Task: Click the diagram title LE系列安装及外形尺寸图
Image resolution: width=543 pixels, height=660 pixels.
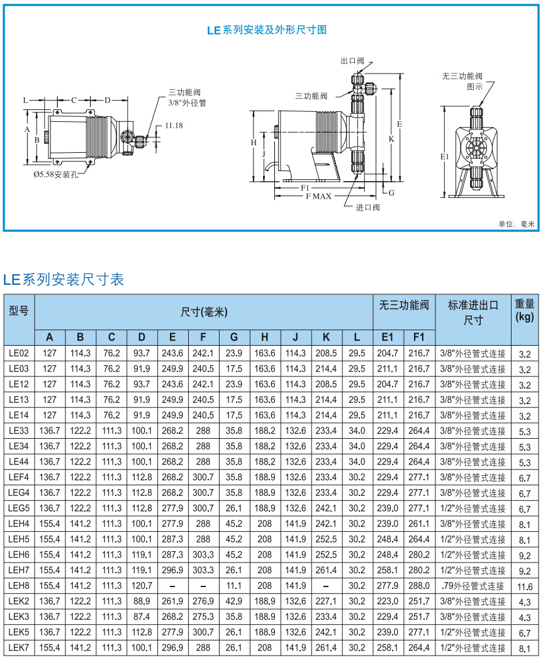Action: pyautogui.click(x=267, y=30)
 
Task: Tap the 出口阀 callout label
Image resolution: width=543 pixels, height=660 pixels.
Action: pyautogui.click(x=352, y=61)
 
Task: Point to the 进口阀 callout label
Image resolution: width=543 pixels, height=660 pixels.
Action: pyautogui.click(x=367, y=207)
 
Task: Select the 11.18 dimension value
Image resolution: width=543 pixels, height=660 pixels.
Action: pyautogui.click(x=174, y=126)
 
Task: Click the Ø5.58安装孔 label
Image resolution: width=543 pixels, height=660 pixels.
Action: pyautogui.click(x=56, y=174)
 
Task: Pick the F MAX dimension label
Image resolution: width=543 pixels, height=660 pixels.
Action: pyautogui.click(x=318, y=197)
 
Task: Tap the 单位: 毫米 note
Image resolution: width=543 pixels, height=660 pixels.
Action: pyautogui.click(x=516, y=224)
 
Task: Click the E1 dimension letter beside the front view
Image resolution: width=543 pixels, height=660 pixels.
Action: pyautogui.click(x=445, y=156)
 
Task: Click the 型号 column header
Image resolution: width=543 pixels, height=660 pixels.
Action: pyautogui.click(x=19, y=311)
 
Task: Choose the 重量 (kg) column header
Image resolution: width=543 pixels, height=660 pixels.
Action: pyautogui.click(x=525, y=311)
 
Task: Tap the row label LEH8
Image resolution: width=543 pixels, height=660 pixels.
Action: pyautogui.click(x=19, y=586)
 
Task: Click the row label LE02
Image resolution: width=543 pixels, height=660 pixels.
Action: pyautogui.click(x=19, y=353)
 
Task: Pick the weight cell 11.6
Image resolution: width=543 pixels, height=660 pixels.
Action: pyautogui.click(x=525, y=586)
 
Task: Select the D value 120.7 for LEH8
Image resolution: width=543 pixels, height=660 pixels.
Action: pyautogui.click(x=142, y=586)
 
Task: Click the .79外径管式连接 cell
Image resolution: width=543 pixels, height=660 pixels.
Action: pyautogui.click(x=473, y=586)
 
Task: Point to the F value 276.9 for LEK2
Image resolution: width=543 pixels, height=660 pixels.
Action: pyautogui.click(x=203, y=602)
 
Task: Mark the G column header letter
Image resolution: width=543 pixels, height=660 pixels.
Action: pyautogui.click(x=234, y=336)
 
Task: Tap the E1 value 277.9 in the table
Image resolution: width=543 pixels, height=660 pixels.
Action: pyautogui.click(x=388, y=586)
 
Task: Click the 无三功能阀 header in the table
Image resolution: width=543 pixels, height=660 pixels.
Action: pyautogui.click(x=403, y=305)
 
